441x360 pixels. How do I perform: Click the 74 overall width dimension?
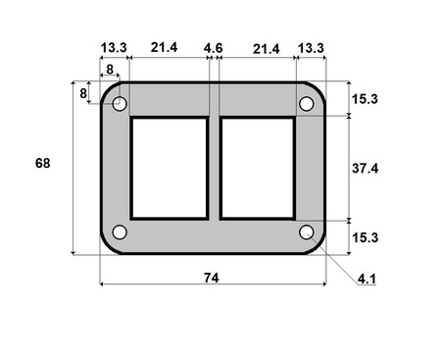point(211,278)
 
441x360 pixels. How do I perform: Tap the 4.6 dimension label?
point(213,48)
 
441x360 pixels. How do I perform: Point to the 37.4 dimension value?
point(366,169)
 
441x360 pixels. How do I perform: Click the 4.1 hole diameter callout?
point(367,280)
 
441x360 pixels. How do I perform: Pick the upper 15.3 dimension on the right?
point(366,100)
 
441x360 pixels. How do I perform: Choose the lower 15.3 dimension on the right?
point(366,236)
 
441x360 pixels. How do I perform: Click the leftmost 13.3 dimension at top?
point(114,48)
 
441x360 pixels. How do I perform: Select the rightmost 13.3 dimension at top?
point(312,48)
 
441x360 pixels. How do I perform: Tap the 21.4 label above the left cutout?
point(165,48)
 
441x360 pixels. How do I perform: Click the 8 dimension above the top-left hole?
point(109,70)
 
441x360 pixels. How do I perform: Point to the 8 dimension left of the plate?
point(82,93)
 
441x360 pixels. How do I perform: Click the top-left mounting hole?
point(120,103)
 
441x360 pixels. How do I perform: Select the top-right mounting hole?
point(306,103)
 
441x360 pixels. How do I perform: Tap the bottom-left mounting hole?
point(120,232)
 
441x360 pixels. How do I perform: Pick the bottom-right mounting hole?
point(306,232)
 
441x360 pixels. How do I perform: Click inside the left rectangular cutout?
point(169,168)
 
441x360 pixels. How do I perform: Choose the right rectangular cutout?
point(258,168)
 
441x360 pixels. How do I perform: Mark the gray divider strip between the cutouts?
point(213,168)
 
